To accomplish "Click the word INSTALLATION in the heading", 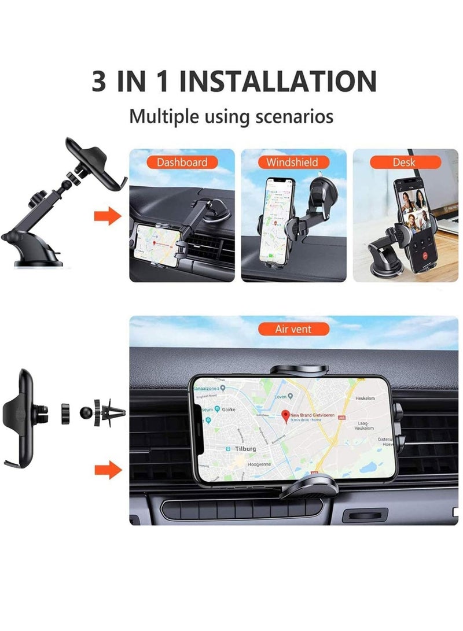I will pos(278,81).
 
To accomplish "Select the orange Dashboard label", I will pos(181,163).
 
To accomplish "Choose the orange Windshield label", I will pos(292,163).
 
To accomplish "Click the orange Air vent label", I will pos(293,329).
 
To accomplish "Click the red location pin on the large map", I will pos(285,415).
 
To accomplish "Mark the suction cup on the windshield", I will pos(327,191).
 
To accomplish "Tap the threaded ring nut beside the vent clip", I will pos(65,413).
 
